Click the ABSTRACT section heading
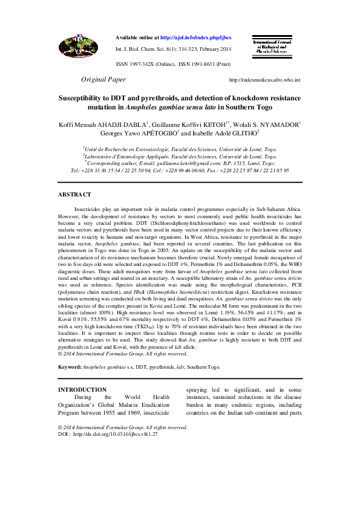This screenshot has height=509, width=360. pos(74,194)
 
